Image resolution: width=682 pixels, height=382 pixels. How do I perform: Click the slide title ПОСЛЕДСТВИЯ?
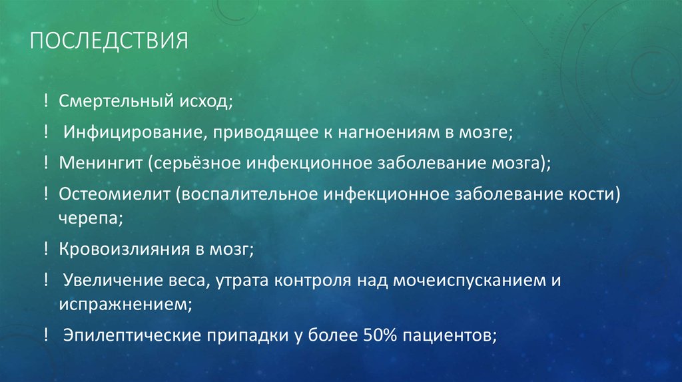tap(110, 43)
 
